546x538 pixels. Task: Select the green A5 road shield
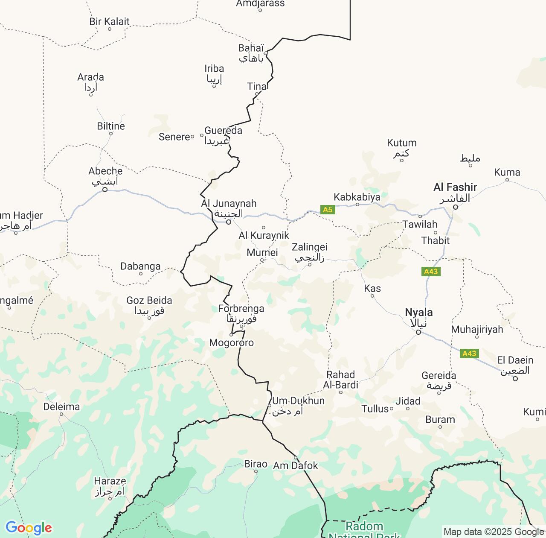pos(328,210)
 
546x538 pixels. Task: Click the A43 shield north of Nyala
pos(431,272)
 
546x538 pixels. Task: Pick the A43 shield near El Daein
pos(469,354)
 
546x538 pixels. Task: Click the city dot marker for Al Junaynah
pos(229,222)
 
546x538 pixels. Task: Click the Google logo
pos(28,528)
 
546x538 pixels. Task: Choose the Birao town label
pos(256,464)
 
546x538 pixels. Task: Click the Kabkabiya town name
pos(357,197)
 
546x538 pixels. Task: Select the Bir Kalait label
pos(109,21)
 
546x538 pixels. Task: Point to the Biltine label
pos(111,126)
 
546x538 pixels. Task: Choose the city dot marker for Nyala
pos(418,332)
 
